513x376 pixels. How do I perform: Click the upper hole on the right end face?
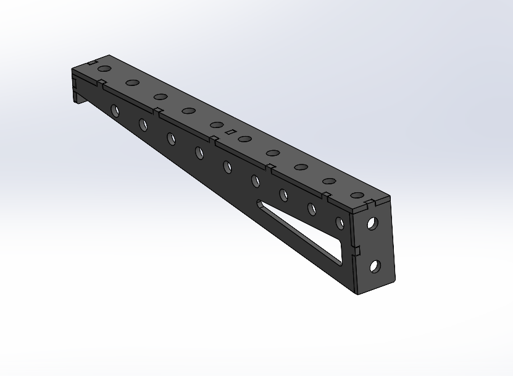point(372,223)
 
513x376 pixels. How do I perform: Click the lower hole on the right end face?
point(374,267)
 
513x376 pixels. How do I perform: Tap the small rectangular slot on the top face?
point(230,132)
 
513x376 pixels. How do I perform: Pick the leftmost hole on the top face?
point(103,69)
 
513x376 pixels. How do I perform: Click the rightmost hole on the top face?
point(357,195)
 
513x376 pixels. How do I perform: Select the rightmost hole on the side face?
point(340,223)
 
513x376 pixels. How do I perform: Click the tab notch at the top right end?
point(369,202)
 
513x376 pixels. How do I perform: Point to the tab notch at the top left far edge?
point(92,63)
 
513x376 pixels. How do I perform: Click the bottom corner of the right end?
point(359,293)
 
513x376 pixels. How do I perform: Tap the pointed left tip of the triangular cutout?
point(257,203)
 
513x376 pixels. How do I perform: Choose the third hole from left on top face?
point(161,96)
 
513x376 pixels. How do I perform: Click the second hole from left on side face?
point(143,125)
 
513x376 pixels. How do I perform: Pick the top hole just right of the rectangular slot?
point(244,139)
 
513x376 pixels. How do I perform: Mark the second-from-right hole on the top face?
point(329,182)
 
